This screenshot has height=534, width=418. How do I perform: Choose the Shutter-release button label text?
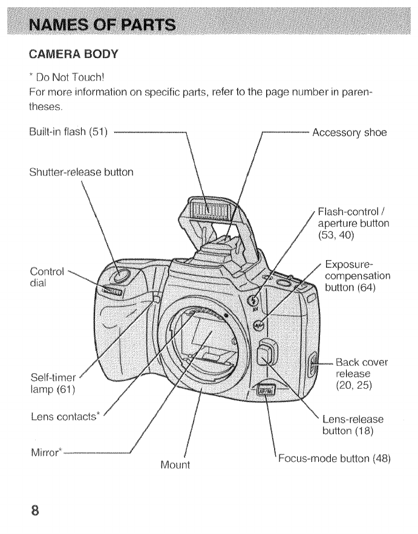[81, 172]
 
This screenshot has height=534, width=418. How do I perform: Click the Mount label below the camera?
[175, 465]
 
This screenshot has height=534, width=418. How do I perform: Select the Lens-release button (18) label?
[353, 425]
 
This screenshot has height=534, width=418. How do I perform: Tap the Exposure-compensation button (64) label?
[358, 276]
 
